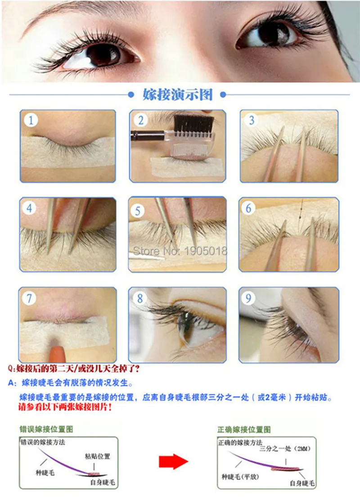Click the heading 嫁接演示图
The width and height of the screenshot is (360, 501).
click(178, 95)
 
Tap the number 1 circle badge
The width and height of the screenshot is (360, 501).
click(31, 120)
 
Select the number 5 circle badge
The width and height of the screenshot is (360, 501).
click(138, 211)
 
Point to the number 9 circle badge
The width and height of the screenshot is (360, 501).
click(248, 298)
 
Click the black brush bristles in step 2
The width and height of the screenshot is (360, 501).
click(193, 124)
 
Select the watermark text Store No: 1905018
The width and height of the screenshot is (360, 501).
click(180, 251)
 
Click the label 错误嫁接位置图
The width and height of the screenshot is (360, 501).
click(46, 429)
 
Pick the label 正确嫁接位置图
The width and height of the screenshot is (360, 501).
click(244, 429)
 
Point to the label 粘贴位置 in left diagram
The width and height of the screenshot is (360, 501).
click(98, 456)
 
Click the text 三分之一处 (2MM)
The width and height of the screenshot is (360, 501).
click(284, 449)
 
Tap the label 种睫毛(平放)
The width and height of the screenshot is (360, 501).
click(240, 477)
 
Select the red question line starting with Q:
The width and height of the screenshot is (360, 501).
click(74, 369)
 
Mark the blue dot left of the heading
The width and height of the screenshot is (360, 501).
click(130, 95)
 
